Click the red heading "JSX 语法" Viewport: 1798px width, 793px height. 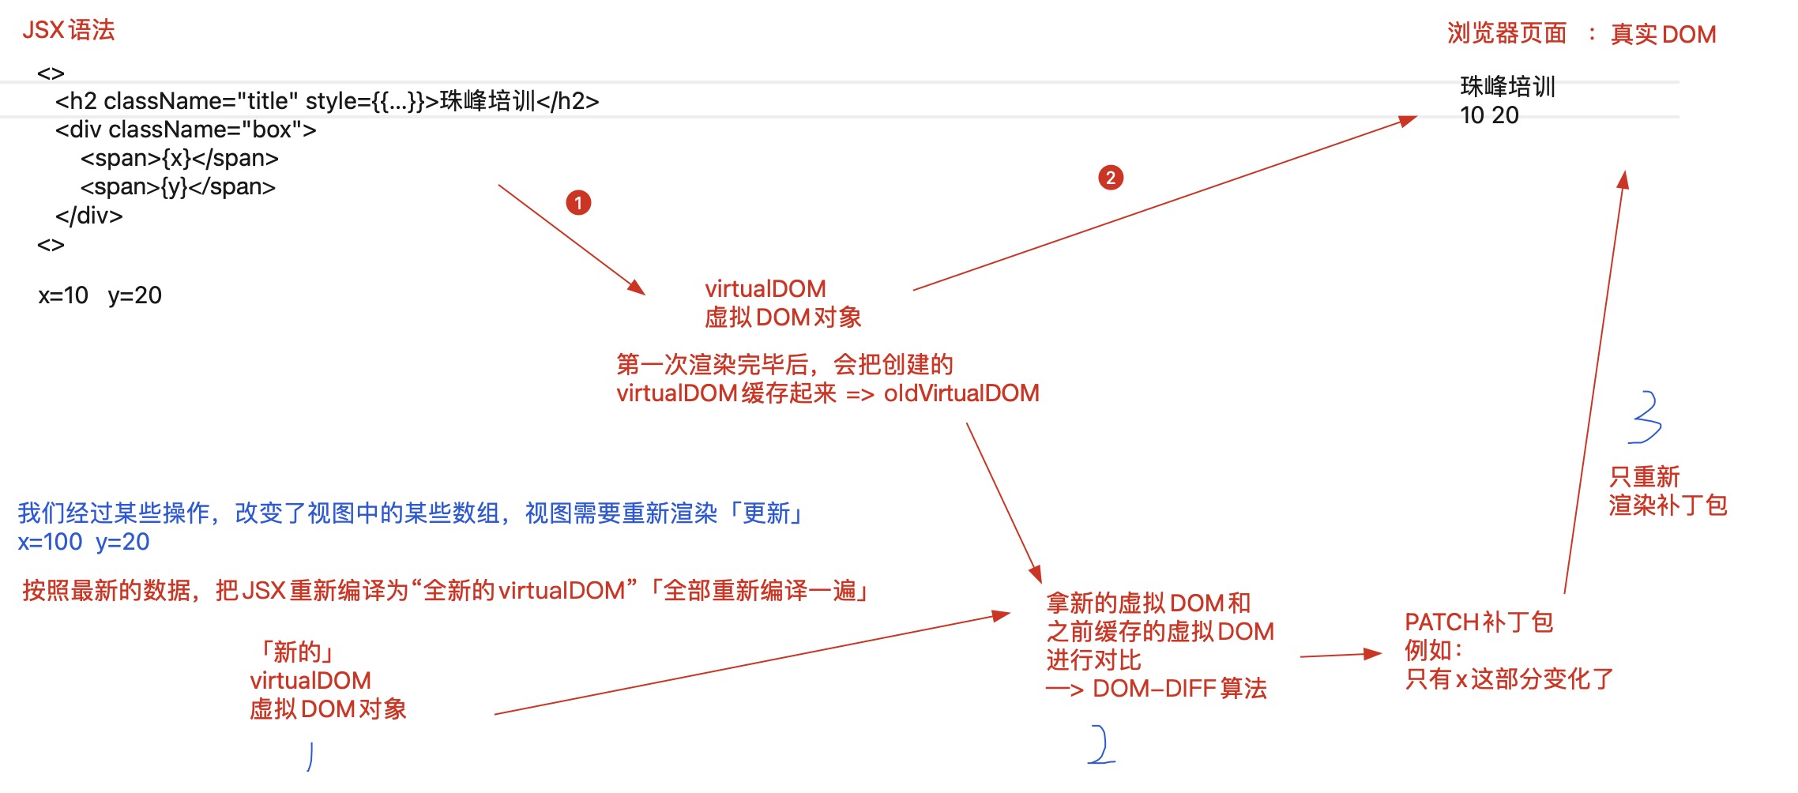(69, 30)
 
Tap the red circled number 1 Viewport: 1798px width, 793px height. (578, 203)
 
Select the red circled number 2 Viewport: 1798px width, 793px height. (1110, 178)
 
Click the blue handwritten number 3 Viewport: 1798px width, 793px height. (1646, 417)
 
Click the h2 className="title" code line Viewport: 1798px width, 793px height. (327, 101)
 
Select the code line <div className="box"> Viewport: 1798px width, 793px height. (186, 130)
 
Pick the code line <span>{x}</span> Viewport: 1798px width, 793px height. (179, 158)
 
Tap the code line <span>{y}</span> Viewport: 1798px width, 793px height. (178, 187)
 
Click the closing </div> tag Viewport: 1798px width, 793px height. (88, 216)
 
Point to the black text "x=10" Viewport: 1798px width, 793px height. (63, 295)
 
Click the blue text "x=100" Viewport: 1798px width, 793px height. (50, 542)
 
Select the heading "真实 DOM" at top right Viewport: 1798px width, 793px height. (1663, 34)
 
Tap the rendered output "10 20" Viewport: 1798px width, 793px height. (1489, 115)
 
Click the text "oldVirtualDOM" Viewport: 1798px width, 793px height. (961, 393)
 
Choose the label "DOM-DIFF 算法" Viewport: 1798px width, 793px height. (1179, 689)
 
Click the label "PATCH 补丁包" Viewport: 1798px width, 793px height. (1479, 622)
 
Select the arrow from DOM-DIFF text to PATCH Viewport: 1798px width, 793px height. (1341, 655)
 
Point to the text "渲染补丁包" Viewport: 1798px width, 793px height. (1668, 505)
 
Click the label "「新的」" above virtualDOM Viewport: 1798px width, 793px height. (296, 652)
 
